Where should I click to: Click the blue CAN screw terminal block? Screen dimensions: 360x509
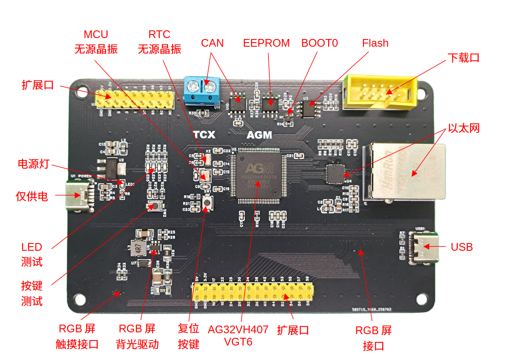pos(202,89)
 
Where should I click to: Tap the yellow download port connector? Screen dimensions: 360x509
pos(379,92)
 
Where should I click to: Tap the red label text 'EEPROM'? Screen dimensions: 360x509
pos(266,43)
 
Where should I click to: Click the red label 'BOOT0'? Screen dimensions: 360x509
pos(320,43)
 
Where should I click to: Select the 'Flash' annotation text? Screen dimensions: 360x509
pos(375,43)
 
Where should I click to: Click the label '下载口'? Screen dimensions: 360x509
pos(463,58)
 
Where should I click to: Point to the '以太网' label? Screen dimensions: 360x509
pos(463,128)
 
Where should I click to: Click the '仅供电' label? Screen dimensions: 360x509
pos(32,196)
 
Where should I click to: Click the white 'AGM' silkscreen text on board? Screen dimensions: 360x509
pos(259,135)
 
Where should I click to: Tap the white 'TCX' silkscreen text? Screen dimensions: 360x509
pos(204,135)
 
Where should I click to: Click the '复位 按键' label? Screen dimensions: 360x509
pos(189,336)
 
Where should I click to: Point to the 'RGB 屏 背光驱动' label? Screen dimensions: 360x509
pos(137,336)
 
